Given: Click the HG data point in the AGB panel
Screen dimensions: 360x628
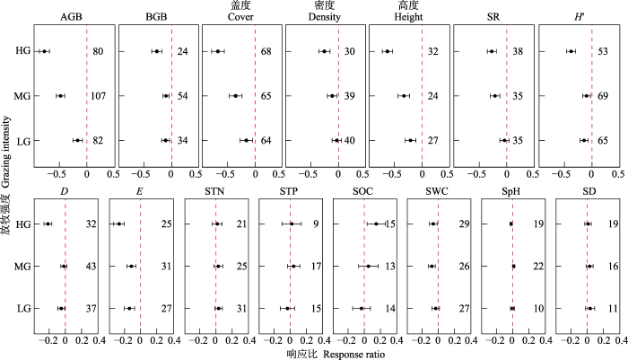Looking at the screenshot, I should coord(44,51).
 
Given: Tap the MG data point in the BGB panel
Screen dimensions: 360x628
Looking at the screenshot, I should coord(166,95).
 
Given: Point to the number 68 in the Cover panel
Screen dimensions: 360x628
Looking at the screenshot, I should coord(266,51).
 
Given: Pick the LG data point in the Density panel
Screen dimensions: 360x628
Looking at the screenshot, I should coord(336,140).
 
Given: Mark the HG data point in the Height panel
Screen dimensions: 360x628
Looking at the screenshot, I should coord(387,51).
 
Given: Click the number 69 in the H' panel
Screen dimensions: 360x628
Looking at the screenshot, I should coord(603,95).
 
